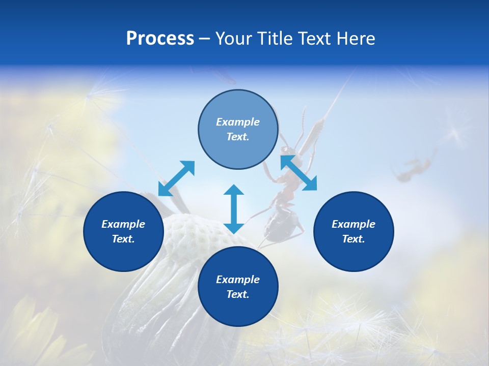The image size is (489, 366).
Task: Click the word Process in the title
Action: (160, 39)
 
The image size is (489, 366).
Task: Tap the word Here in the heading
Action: (355, 39)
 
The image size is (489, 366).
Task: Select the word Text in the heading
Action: (314, 39)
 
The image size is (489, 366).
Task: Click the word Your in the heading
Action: (234, 39)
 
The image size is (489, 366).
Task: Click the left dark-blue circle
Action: (123, 231)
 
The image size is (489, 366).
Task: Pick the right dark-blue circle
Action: (354, 231)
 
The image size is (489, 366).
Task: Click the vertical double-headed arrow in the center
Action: (234, 209)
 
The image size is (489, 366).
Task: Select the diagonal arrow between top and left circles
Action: (176, 178)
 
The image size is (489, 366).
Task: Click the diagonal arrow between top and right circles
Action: (298, 173)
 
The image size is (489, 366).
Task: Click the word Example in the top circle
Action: (238, 122)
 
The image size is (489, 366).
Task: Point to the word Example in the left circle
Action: (123, 224)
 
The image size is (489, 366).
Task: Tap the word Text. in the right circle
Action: (354, 239)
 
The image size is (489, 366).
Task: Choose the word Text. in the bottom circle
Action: (238, 294)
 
